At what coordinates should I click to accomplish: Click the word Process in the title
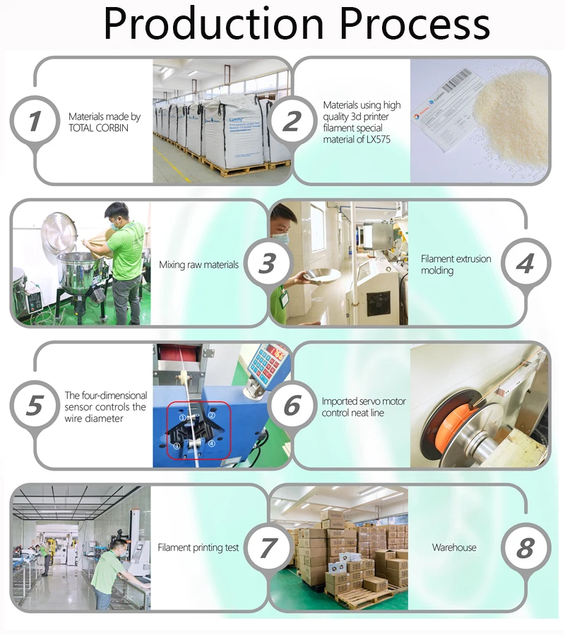point(415,23)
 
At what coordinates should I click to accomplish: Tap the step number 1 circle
point(35,121)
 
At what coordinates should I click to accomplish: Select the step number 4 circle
point(525,263)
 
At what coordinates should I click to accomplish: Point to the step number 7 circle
point(268,548)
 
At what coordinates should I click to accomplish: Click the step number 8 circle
point(525,548)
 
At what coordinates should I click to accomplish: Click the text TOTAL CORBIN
point(98,128)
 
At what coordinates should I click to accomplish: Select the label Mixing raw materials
point(198,265)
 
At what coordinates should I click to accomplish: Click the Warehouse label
point(454,548)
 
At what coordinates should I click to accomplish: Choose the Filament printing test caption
point(198,548)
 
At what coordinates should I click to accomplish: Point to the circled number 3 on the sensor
point(177,446)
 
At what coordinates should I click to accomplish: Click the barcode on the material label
point(459,81)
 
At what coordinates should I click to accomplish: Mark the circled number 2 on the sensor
point(212,415)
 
